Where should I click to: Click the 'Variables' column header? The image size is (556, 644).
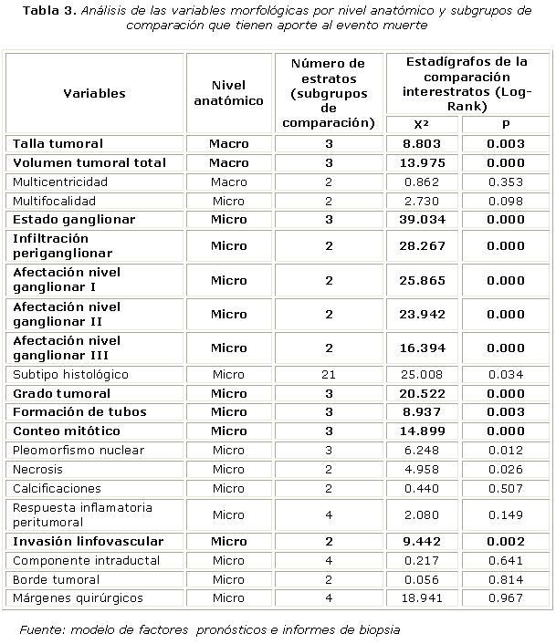[94, 93]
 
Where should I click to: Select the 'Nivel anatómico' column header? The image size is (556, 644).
[228, 93]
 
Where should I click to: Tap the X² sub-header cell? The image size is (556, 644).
[421, 125]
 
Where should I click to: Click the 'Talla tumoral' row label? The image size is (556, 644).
[58, 143]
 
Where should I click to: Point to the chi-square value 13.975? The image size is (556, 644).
[421, 162]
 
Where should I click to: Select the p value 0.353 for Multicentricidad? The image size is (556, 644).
[505, 182]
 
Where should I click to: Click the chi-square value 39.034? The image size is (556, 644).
[421, 220]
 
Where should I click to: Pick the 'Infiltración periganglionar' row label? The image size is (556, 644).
[63, 245]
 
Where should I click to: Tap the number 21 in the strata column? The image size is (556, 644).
[328, 374]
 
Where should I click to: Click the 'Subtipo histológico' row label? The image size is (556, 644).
[70, 374]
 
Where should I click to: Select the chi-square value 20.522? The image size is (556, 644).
[421, 393]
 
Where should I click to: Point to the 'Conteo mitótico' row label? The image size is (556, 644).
[66, 431]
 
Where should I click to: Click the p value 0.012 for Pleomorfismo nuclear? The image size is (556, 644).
[505, 450]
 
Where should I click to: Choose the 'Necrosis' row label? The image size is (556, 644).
[37, 469]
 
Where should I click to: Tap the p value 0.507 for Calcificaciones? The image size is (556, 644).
[505, 488]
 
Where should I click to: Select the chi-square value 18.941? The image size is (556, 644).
[421, 598]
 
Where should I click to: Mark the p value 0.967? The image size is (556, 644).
[505, 598]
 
